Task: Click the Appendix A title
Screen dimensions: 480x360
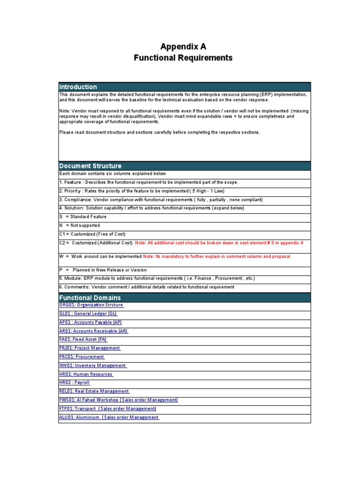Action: point(183,46)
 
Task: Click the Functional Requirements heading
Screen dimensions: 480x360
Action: point(183,58)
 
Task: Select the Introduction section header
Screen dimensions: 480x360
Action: point(78,87)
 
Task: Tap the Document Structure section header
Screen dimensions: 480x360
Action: point(90,166)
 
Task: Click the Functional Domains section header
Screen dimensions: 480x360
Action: point(90,298)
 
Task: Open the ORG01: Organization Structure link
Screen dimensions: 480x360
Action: point(91,305)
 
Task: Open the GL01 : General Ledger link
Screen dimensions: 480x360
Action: point(88,314)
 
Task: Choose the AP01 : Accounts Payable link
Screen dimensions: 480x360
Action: point(90,322)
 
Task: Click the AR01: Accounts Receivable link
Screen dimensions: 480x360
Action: point(94,331)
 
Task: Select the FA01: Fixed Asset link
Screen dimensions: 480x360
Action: point(83,339)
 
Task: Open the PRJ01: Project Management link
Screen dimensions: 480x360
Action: point(90,348)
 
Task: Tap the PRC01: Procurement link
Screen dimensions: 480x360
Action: point(82,357)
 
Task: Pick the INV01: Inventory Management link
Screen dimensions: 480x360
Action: point(93,366)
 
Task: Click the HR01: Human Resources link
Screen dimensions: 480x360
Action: point(86,374)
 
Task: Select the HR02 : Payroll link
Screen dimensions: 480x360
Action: point(75,383)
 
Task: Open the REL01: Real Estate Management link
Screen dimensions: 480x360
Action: point(94,391)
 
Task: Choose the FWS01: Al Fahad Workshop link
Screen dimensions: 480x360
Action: point(119,400)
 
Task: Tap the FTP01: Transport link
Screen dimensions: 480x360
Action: point(108,409)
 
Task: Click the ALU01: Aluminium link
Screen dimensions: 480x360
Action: point(109,417)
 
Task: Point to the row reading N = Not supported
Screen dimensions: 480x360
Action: point(80,225)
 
